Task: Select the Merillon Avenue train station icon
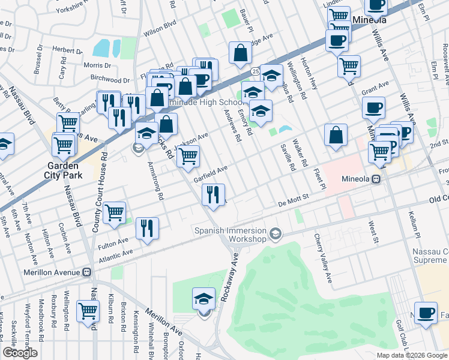(87, 272)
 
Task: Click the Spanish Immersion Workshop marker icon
(276, 233)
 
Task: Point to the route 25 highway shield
(255, 71)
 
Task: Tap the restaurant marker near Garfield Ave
(213, 194)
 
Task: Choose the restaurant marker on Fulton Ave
(147, 229)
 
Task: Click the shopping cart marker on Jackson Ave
(189, 157)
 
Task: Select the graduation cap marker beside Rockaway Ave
(204, 299)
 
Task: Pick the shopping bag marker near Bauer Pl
(240, 53)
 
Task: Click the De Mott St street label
(293, 205)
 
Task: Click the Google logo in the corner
(20, 353)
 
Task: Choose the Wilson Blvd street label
(159, 27)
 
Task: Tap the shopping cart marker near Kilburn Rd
(88, 312)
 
